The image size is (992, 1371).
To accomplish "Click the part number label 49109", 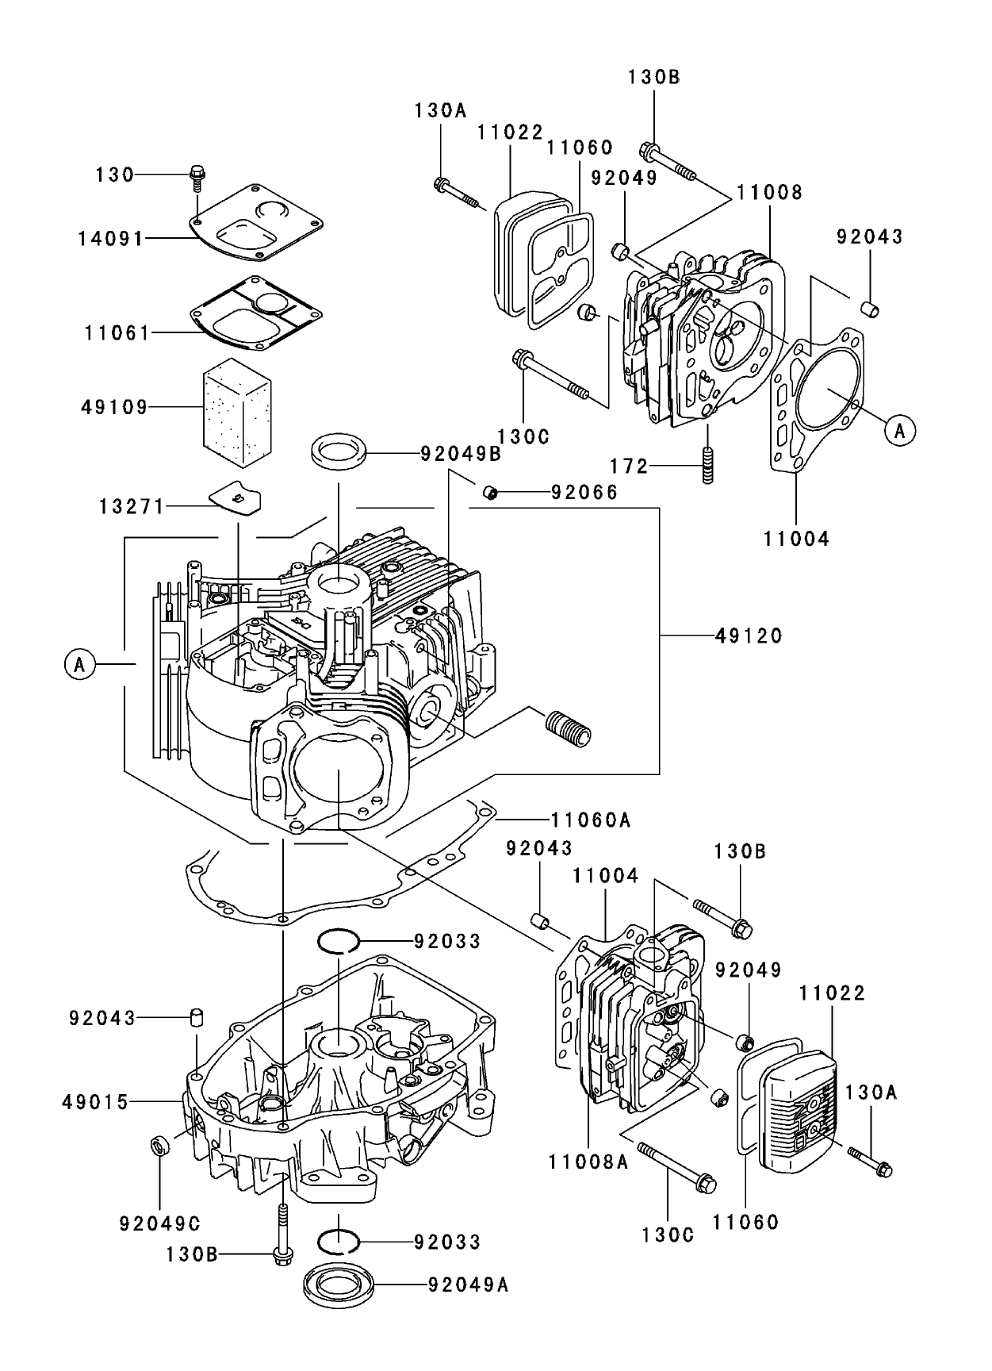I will tap(114, 408).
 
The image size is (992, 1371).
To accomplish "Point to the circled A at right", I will tap(899, 430).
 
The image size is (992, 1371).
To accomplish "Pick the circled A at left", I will tap(79, 663).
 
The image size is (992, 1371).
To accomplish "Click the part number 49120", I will tap(748, 636).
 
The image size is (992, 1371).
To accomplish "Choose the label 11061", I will tap(117, 333).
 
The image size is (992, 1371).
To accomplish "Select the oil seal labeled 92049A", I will tap(339, 1285).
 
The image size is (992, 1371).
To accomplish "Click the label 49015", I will tap(94, 1102).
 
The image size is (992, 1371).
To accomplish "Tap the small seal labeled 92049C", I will tap(160, 1147).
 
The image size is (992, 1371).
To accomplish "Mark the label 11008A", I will tap(587, 1162).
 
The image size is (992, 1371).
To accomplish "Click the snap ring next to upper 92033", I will tap(339, 941).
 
